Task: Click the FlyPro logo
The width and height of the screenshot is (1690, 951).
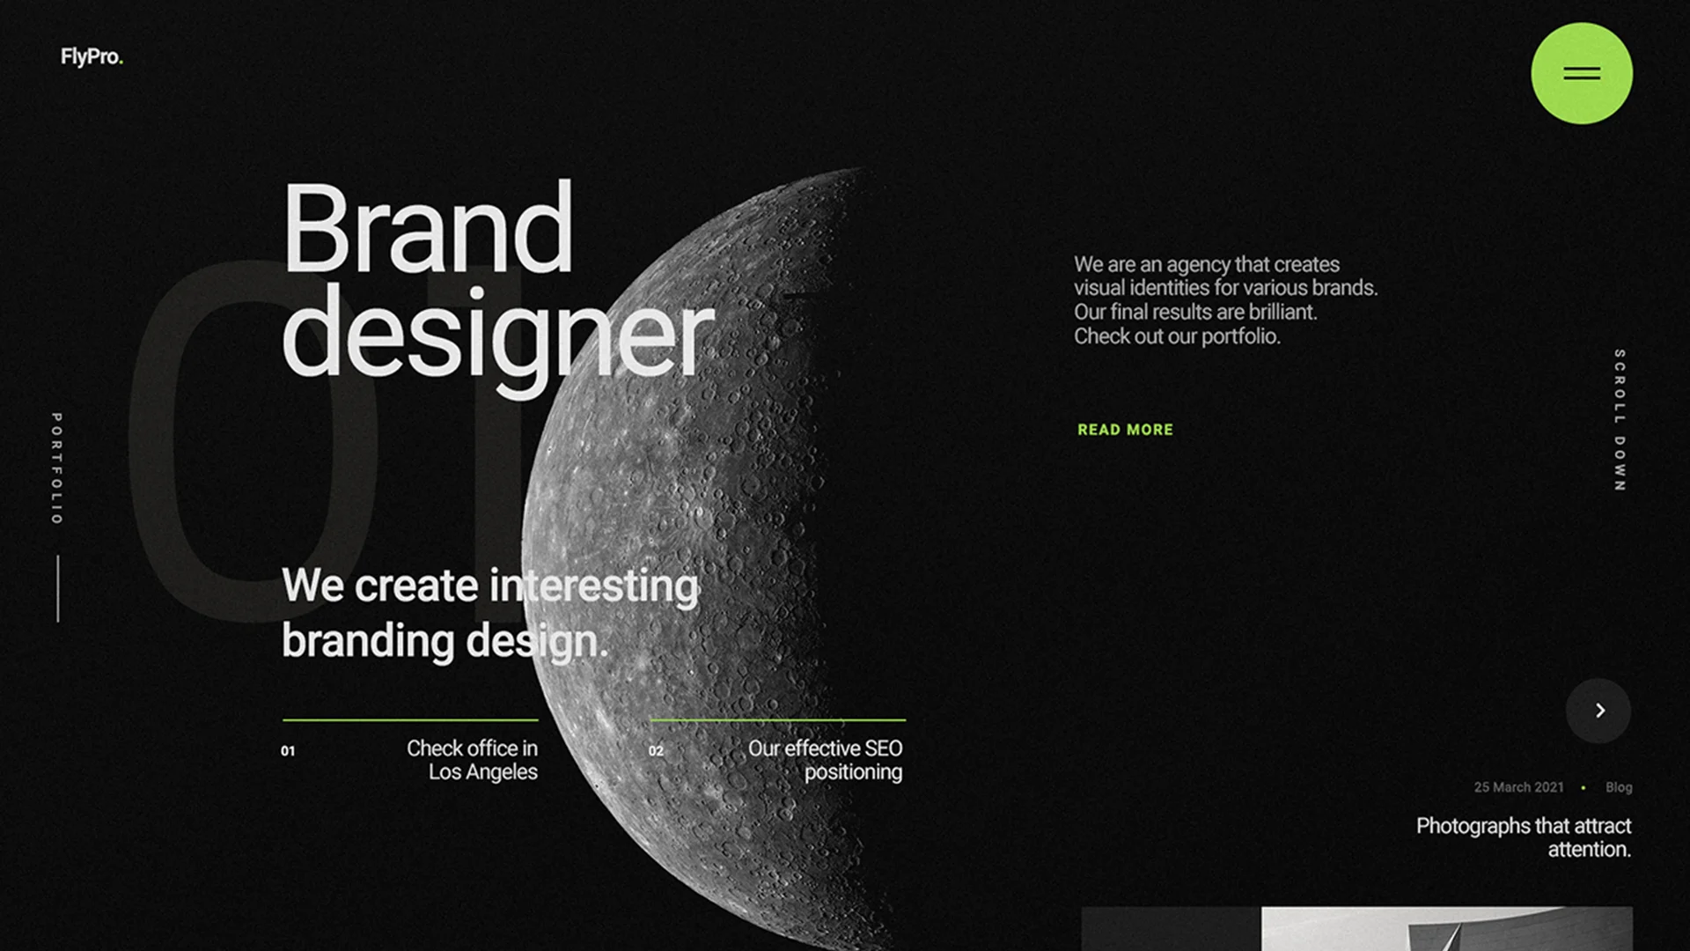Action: coord(92,57)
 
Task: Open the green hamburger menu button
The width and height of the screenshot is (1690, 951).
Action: coord(1582,73)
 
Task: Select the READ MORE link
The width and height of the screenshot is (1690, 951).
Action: coord(1125,430)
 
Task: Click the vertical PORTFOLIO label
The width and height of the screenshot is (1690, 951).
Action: coord(56,468)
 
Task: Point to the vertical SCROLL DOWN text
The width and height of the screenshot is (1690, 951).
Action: coord(1620,420)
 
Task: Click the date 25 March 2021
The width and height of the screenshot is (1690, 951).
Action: coord(1518,787)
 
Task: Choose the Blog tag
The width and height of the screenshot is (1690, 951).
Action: coord(1619,787)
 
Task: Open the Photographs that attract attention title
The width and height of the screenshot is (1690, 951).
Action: coord(1524,837)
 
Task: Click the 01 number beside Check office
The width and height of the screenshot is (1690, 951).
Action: coord(288,751)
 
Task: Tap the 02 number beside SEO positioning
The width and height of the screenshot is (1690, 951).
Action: coord(656,751)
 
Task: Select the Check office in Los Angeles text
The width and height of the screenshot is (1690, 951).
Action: coord(472,760)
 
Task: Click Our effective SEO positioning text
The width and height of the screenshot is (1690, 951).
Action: coord(826,760)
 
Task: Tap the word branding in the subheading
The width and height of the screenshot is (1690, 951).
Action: coord(369,640)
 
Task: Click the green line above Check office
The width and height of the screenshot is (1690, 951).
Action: coord(410,720)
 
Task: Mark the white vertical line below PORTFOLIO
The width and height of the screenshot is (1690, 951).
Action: coord(58,588)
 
